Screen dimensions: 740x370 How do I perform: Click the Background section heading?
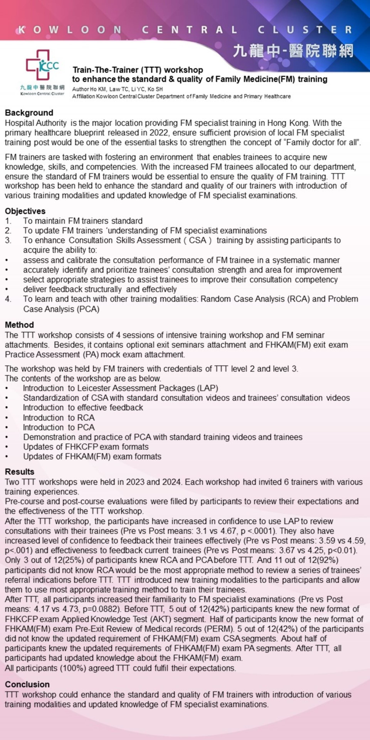click(29, 113)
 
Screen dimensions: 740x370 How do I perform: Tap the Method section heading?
click(19, 325)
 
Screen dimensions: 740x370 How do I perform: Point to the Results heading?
click(19, 472)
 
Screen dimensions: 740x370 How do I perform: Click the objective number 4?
click(8, 299)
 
